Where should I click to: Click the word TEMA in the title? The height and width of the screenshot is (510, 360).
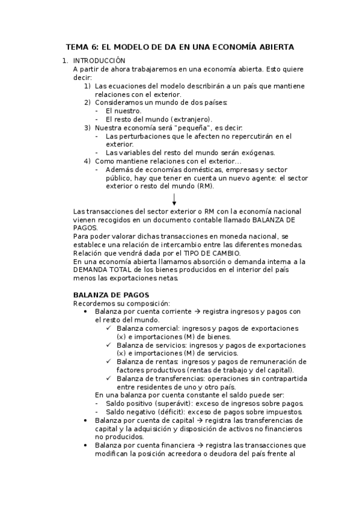[x=76, y=46]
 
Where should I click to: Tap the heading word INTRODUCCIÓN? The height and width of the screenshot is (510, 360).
[x=99, y=61]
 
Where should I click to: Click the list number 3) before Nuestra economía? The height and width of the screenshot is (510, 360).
[x=87, y=127]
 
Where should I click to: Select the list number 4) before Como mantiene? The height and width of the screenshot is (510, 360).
[x=87, y=161]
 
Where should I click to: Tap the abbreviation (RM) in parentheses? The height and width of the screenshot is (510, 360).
[x=204, y=186]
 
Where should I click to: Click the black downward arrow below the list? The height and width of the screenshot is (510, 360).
[x=174, y=199]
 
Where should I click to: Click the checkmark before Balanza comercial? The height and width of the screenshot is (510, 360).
[x=108, y=328]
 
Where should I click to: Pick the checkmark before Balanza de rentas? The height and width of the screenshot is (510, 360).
[x=108, y=361]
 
